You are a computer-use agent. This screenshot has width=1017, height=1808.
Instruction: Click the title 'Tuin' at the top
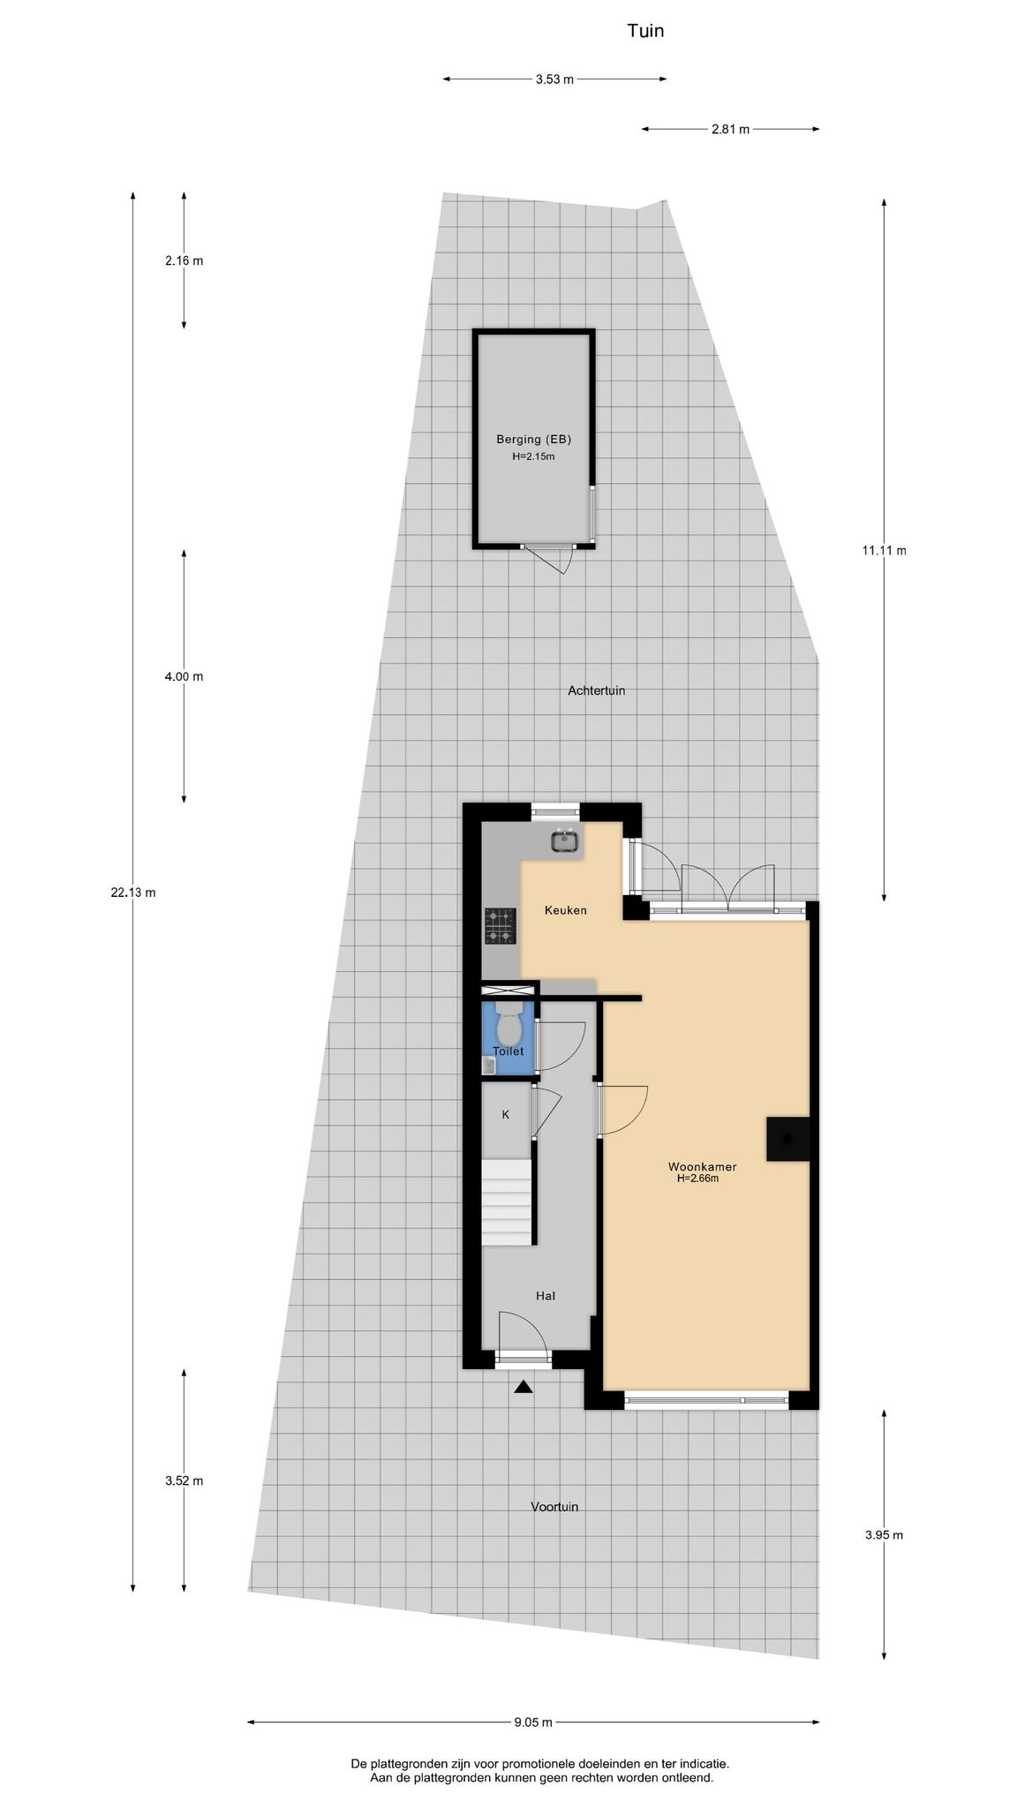(645, 31)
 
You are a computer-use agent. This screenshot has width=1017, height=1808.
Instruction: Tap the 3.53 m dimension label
(554, 79)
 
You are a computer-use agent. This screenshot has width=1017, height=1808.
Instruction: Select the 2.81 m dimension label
(730, 130)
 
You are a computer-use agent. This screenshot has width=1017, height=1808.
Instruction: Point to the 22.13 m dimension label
(133, 893)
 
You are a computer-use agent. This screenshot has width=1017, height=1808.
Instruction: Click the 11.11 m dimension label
(884, 551)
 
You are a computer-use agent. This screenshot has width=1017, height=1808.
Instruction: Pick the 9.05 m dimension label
(533, 1721)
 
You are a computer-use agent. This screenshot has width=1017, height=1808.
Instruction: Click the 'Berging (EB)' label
(533, 439)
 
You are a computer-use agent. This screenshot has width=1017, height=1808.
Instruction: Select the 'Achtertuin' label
(596, 690)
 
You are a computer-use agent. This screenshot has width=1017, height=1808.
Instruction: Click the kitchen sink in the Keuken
(565, 841)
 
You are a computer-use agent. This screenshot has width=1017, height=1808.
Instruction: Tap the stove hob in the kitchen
(500, 927)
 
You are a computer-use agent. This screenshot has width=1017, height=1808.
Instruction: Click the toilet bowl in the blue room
(508, 1026)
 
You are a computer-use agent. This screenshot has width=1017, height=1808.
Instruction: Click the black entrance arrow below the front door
(524, 1387)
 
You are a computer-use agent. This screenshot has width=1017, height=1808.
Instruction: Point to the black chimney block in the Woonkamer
(787, 1139)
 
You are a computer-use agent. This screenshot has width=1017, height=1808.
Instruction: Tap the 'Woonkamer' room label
(702, 1167)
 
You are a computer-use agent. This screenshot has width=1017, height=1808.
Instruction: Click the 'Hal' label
(546, 1296)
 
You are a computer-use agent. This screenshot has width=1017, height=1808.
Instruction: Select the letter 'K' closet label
(506, 1115)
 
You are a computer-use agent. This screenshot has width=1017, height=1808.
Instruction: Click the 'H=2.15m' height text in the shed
(533, 456)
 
